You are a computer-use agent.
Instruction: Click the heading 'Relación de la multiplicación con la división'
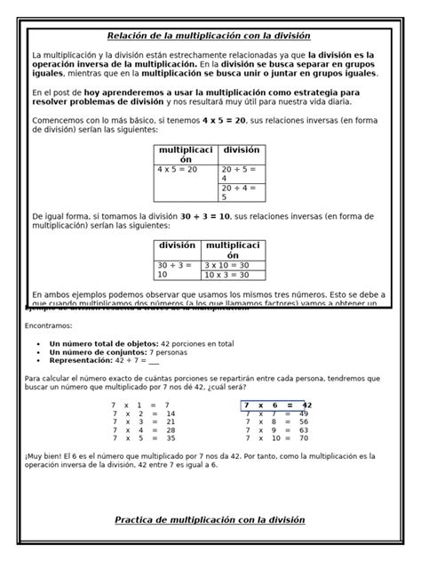pos(209,36)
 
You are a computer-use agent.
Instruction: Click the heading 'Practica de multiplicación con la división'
pos(210,519)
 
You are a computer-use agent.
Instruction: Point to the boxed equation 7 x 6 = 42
pos(274,405)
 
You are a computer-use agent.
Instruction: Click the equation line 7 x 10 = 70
pos(276,438)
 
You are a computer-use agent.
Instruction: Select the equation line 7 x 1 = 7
pos(141,405)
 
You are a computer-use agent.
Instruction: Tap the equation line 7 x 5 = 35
pos(143,438)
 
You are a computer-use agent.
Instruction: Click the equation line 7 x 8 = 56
pos(276,421)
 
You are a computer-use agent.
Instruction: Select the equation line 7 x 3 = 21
pos(143,421)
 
